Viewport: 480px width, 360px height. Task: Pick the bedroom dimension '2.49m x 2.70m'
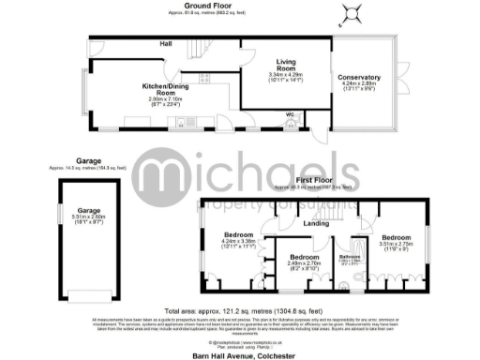[304, 264]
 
